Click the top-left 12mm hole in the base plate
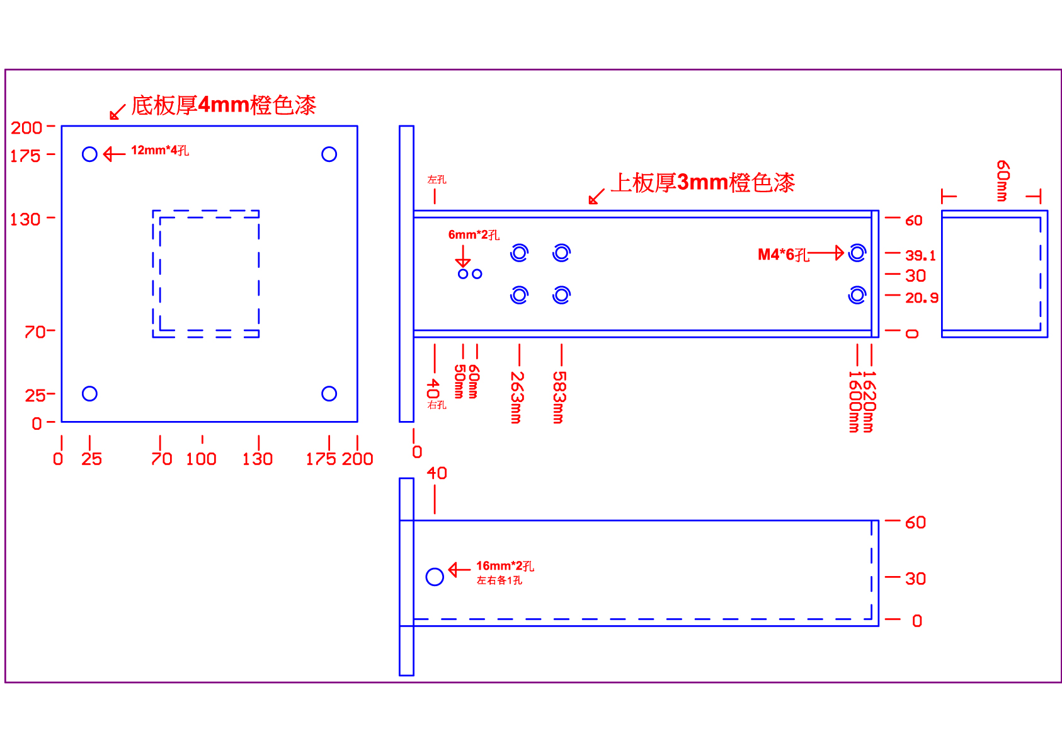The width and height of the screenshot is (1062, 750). pos(89,154)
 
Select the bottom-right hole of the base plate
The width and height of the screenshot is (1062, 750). pos(329,394)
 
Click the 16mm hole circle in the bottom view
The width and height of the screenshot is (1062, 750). pos(435,577)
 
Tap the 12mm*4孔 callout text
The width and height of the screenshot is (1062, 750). pos(159,151)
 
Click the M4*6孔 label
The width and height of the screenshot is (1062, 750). pos(783,255)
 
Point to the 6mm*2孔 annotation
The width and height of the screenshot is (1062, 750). pos(474,235)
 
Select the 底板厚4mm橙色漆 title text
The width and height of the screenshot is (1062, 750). pos(223,105)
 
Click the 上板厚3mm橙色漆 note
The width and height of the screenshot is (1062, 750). pos(702,183)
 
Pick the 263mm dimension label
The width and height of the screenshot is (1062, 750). pos(517,397)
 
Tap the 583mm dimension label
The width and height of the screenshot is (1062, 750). pos(559,397)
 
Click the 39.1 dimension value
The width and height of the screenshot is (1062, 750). pos(920,256)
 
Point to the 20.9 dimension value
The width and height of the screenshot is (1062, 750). pos(922,298)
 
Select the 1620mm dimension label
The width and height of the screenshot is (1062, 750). pos(869,401)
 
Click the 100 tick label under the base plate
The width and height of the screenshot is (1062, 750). pos(201,459)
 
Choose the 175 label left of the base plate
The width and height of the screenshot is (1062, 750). pos(25,156)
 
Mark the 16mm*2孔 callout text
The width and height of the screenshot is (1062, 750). pos(505,566)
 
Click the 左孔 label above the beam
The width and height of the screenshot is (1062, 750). pos(437,180)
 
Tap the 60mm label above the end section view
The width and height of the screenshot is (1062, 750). pos(1003,180)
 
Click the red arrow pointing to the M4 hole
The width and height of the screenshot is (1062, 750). pos(826,253)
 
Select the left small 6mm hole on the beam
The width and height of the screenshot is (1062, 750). pos(463,274)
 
